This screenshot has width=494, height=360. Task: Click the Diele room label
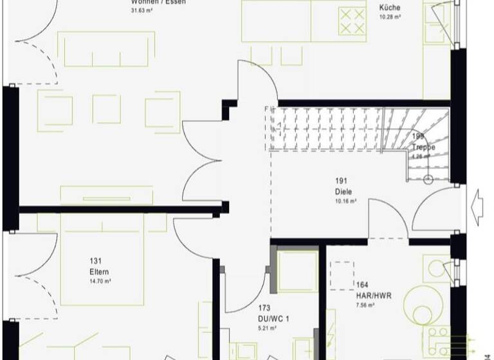point(343,192)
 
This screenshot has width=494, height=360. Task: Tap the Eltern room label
point(99,272)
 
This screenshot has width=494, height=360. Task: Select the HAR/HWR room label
point(373,296)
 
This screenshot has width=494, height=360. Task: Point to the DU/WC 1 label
point(269,318)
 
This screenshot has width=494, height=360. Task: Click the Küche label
point(390,8)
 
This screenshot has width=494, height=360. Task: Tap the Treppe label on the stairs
point(424,147)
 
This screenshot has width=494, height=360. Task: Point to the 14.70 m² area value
point(99,282)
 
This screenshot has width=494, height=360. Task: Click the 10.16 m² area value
point(345,201)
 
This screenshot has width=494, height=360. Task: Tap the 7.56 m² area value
point(366,305)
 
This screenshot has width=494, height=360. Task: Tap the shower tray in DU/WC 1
point(297,271)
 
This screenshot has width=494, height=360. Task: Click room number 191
point(341,181)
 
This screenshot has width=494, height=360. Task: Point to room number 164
point(362,285)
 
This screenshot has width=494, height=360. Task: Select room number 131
point(96,261)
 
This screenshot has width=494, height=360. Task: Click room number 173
point(264,309)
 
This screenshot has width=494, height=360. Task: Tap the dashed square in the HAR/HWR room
point(342,276)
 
